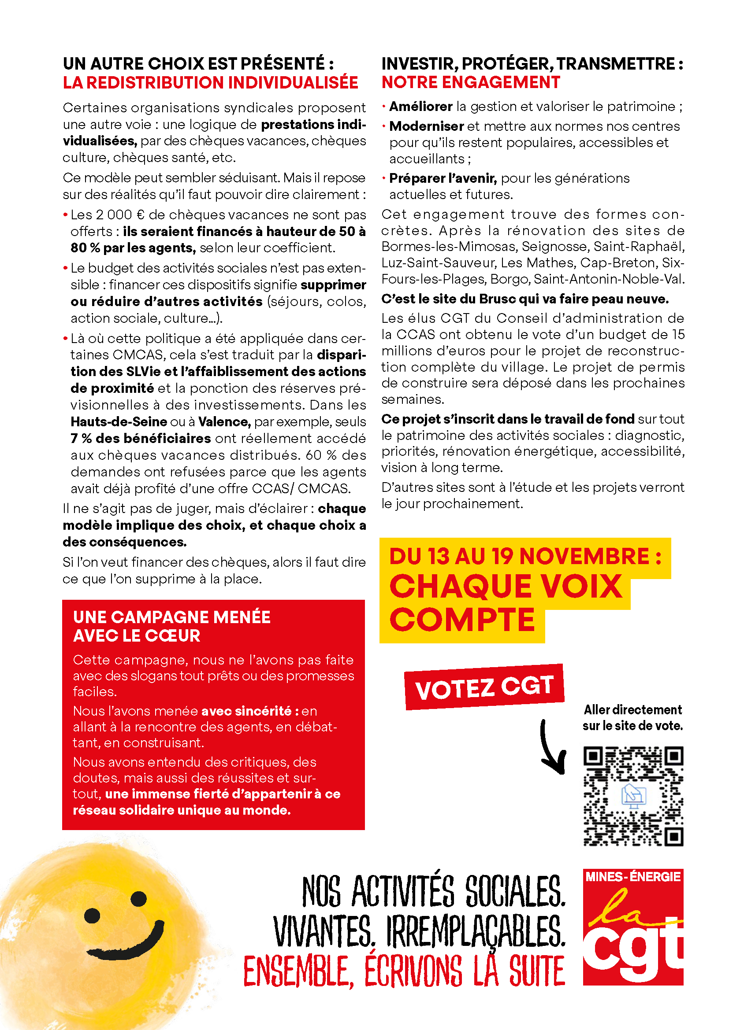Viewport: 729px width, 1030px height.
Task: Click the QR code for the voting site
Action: pos(633,796)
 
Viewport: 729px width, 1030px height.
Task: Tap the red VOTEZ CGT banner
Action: pos(484,687)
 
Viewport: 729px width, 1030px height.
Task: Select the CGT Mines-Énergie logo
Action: pos(633,927)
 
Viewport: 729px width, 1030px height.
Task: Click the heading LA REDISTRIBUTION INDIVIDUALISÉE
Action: pos(210,83)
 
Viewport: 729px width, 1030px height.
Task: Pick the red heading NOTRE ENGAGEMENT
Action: pos(470,82)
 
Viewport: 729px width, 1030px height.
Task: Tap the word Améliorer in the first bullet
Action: pos(420,107)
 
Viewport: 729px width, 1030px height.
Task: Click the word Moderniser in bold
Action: pos(427,126)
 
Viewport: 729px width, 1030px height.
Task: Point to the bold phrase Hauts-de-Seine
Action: pos(119,422)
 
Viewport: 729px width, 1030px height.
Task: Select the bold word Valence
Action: pos(224,422)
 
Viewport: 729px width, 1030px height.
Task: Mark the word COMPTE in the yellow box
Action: pos(462,620)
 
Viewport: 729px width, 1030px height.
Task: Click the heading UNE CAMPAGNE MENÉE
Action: pos(171,617)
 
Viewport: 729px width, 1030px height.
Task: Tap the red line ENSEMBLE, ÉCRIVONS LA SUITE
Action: pos(404,971)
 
